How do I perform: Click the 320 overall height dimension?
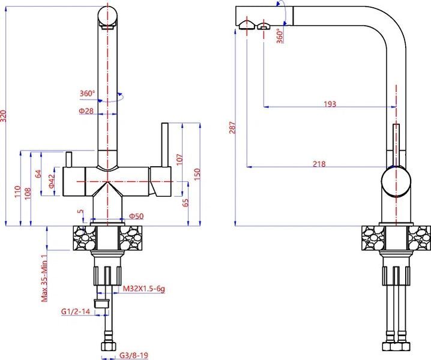click(x=3, y=116)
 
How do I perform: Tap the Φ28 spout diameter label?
click(x=86, y=111)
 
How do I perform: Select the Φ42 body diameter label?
click(x=52, y=181)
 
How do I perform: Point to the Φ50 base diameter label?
click(x=136, y=216)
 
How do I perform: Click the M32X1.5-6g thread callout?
click(x=143, y=289)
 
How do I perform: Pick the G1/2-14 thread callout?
click(x=76, y=311)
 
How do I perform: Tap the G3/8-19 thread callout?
click(x=134, y=355)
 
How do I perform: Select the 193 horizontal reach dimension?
click(x=330, y=104)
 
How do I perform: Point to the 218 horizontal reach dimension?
click(x=319, y=164)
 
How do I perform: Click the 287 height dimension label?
click(x=233, y=127)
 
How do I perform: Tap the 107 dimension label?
click(x=179, y=160)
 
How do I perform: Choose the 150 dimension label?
click(x=197, y=174)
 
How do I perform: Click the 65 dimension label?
click(x=186, y=203)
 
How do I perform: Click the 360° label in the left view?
click(x=87, y=94)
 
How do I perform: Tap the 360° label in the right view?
click(x=280, y=36)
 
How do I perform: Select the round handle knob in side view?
click(x=396, y=182)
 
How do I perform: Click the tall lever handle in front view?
click(x=165, y=145)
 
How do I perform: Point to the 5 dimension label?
click(x=80, y=212)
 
